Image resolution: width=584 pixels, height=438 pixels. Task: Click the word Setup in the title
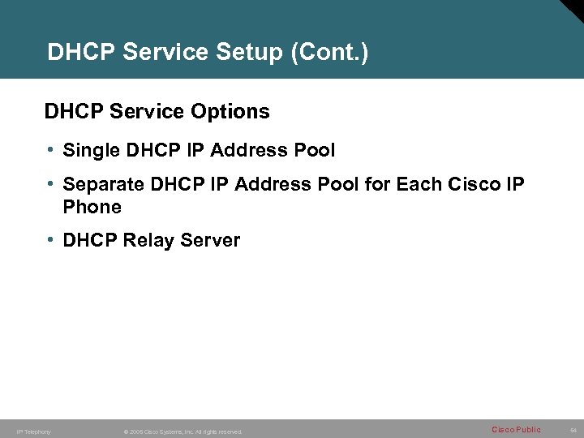[x=253, y=53]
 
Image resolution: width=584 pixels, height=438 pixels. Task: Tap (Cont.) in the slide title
[x=329, y=53]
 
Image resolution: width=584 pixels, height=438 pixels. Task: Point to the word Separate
[x=103, y=185]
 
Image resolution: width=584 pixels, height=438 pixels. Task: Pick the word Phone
[x=92, y=207]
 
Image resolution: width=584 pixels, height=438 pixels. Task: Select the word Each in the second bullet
[x=418, y=185]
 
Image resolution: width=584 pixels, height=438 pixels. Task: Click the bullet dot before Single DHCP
[x=50, y=150]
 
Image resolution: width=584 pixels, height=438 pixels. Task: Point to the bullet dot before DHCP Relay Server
[x=50, y=240]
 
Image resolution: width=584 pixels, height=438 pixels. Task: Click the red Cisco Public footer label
[x=516, y=430]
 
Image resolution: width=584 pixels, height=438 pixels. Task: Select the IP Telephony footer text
[x=33, y=432]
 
